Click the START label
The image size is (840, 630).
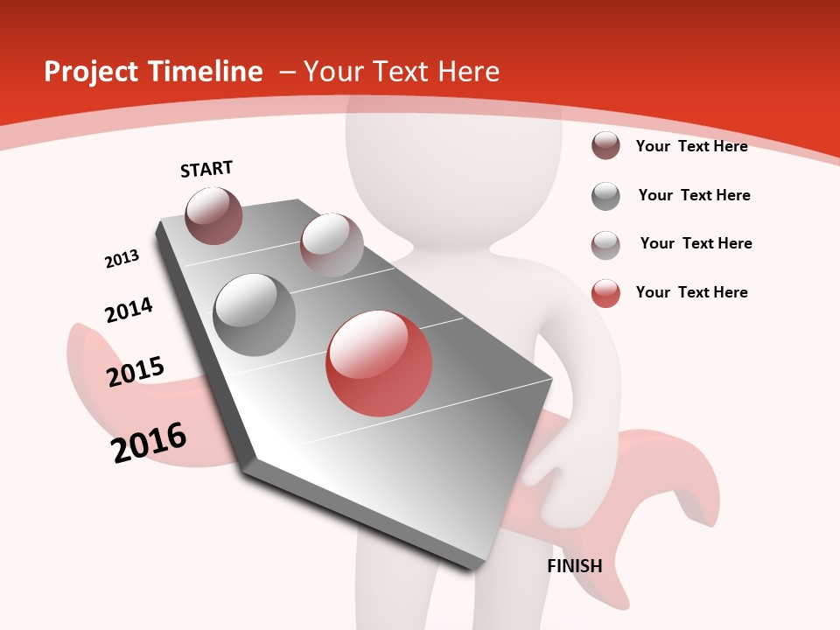click(206, 169)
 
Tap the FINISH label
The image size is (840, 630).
click(575, 566)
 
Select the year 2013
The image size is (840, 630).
click(122, 259)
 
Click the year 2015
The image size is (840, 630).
click(136, 372)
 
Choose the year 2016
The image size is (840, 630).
click(149, 443)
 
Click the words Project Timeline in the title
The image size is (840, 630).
click(153, 72)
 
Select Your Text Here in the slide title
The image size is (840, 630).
click(402, 72)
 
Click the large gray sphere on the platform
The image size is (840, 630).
click(254, 314)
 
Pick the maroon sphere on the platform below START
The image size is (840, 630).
click(213, 215)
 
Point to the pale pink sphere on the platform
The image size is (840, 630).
click(332, 245)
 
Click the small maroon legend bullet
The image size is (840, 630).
click(605, 146)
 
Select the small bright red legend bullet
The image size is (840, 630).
click(605, 293)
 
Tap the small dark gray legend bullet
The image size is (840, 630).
click(605, 196)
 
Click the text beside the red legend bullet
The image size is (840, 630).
click(691, 292)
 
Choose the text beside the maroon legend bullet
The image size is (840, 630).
click(691, 146)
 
